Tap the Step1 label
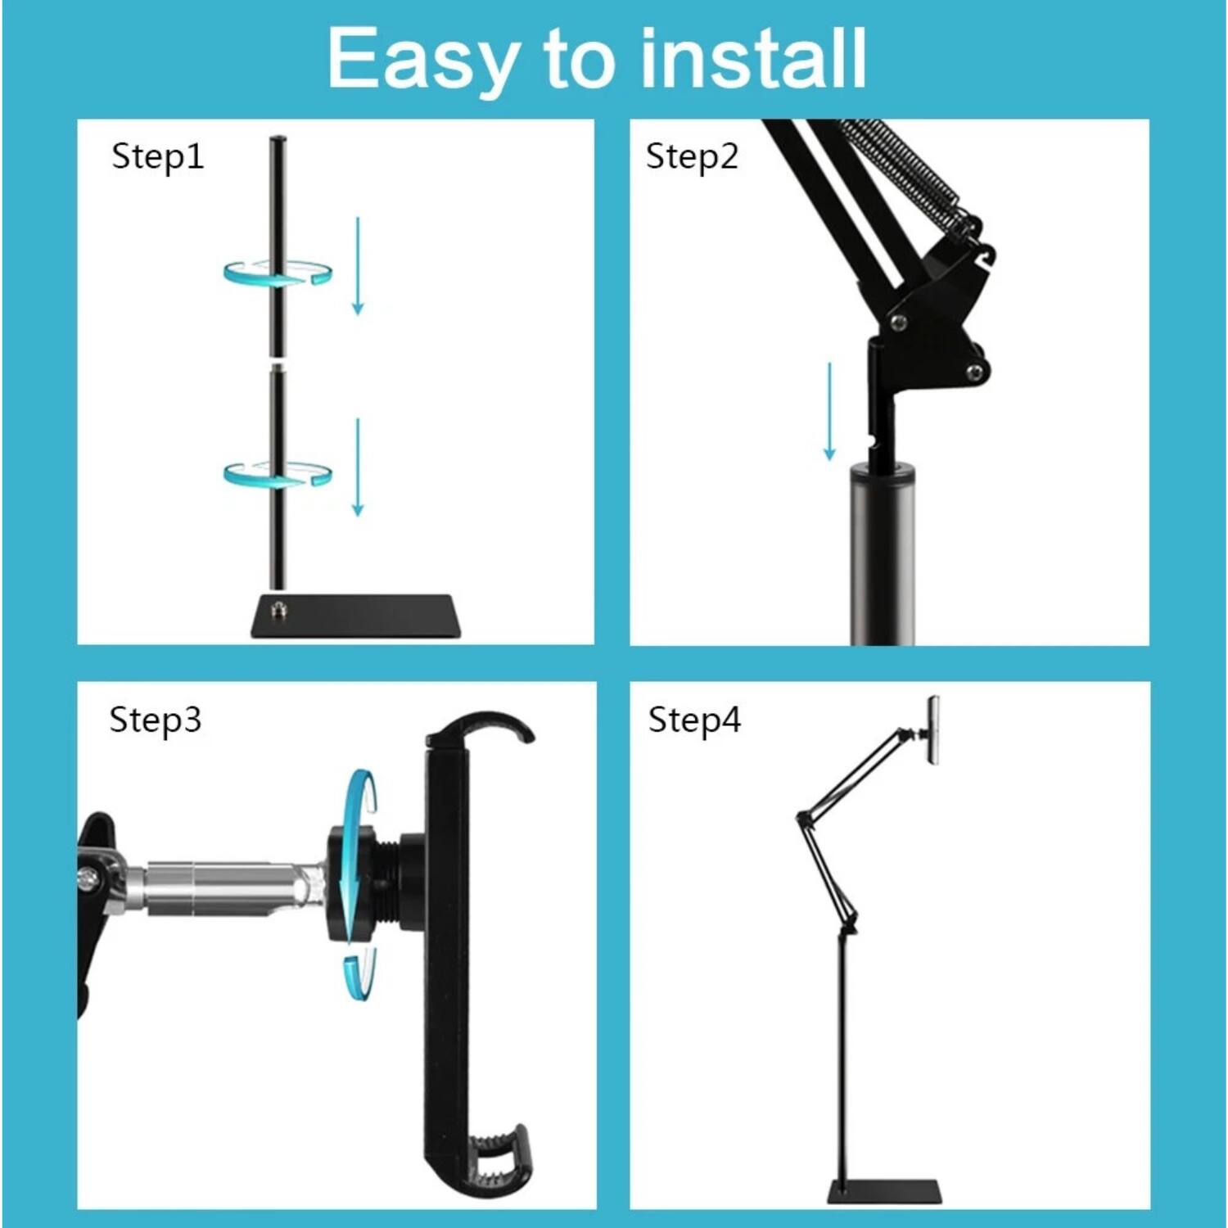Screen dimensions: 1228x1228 tap(157, 156)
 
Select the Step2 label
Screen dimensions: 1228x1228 tap(692, 156)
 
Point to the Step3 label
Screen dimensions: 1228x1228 tap(155, 720)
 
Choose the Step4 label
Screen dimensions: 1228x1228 tap(694, 720)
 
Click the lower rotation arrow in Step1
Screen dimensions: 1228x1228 tap(278, 474)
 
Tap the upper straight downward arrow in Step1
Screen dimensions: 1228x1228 tap(358, 266)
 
